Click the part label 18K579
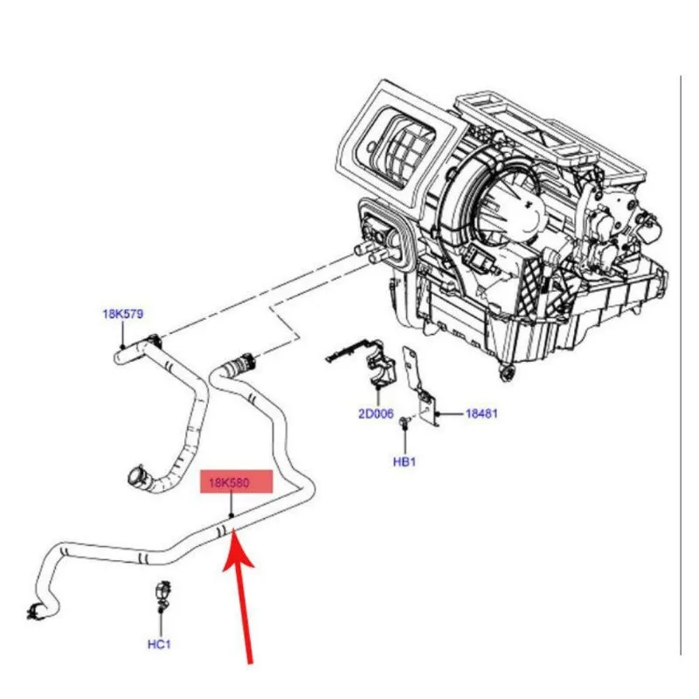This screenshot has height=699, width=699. tap(123, 314)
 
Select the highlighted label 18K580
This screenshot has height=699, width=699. tap(229, 482)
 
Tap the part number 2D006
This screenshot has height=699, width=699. tap(377, 413)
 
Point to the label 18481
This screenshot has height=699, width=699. tap(481, 413)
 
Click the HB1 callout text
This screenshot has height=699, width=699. tap(405, 462)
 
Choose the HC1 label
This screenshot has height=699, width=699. tap(159, 644)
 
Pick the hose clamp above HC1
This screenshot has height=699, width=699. tap(162, 594)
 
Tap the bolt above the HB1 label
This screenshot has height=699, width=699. tap(405, 422)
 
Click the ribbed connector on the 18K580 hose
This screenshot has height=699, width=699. tap(241, 362)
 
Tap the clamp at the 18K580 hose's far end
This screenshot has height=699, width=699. tap(35, 611)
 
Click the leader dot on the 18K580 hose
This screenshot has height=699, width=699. tap(232, 516)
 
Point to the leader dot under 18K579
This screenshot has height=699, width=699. tap(122, 347)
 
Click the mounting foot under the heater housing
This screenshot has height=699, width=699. tap(507, 373)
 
